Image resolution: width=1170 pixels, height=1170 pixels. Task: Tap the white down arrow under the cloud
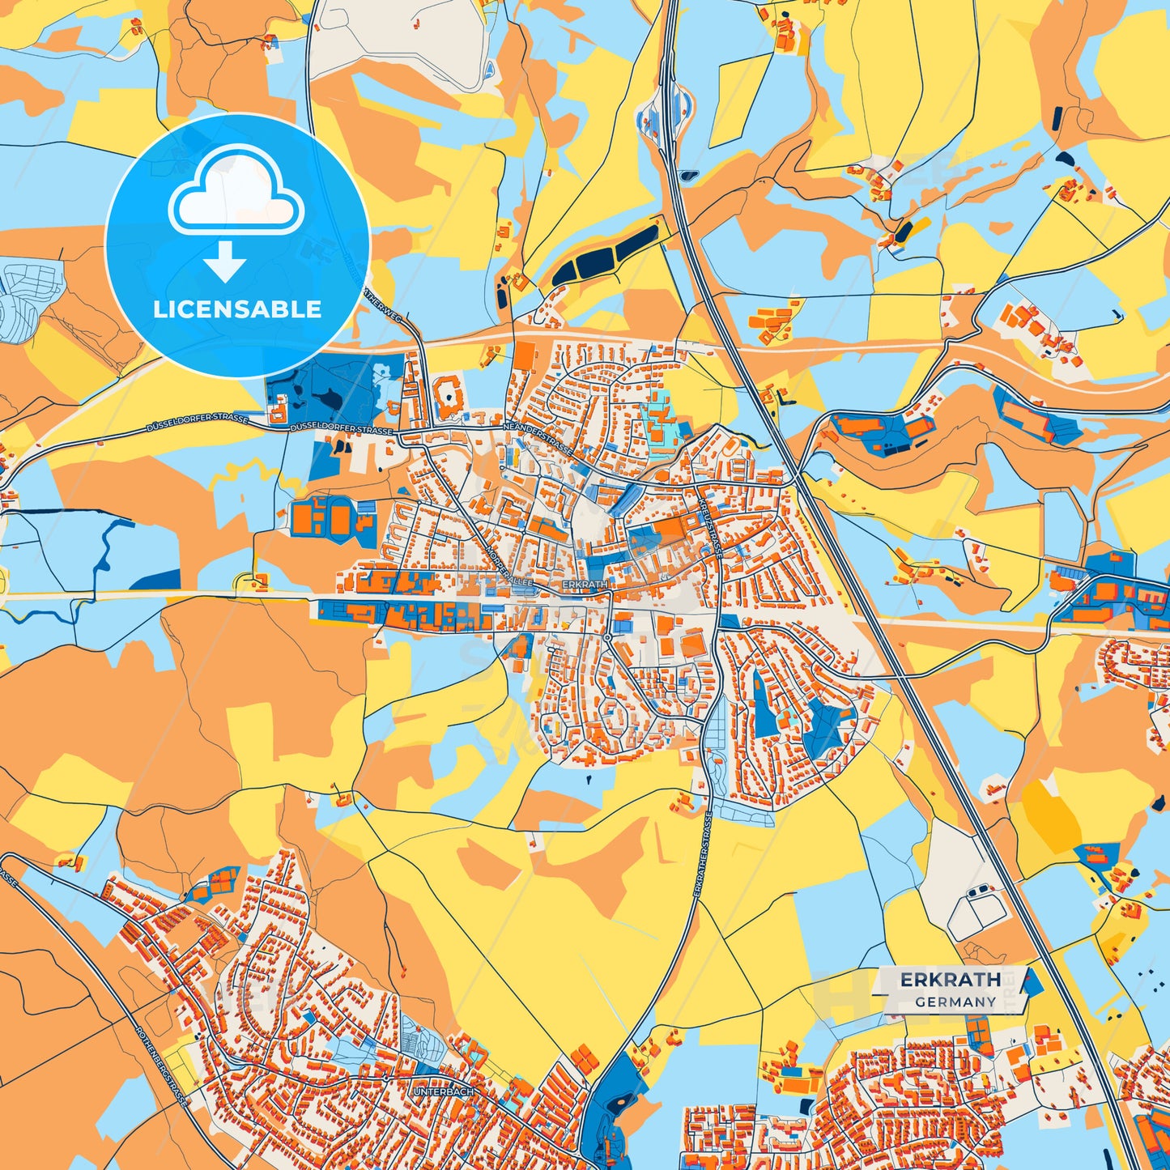[x=224, y=264]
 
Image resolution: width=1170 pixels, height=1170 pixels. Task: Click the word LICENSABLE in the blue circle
[x=237, y=309]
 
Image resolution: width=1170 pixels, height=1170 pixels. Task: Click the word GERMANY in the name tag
[x=955, y=1002]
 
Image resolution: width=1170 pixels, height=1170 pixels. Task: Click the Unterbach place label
[x=443, y=1091]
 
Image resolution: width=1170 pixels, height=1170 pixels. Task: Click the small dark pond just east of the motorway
[x=688, y=174]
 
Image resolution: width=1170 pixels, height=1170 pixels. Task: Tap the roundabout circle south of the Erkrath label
[x=607, y=638]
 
